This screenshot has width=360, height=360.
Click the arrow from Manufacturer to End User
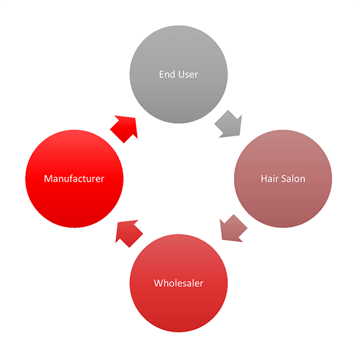(124, 128)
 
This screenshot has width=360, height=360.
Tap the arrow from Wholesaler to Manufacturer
(128, 231)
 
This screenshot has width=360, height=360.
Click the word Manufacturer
(74, 179)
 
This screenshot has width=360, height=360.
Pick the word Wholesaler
(178, 283)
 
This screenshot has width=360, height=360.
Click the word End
(167, 74)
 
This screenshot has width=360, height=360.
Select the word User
(187, 74)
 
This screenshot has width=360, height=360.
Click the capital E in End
(161, 74)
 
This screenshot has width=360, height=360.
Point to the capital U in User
(180, 74)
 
